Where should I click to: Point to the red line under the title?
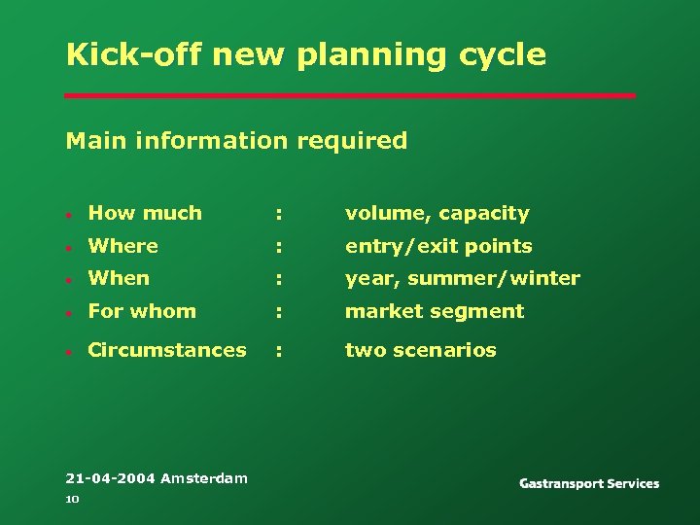(350, 95)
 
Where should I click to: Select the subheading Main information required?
(236, 141)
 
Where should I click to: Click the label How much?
(145, 213)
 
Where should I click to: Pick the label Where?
(122, 246)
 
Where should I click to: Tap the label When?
(119, 278)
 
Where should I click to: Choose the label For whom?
(142, 311)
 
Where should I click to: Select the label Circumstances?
(167, 350)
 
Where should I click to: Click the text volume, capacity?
(437, 214)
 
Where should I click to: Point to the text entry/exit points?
(438, 247)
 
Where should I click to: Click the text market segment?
(435, 311)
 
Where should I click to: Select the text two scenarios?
(420, 350)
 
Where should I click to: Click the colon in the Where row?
(279, 247)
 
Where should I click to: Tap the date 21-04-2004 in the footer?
(110, 478)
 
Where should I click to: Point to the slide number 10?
(71, 499)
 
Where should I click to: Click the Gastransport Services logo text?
(589, 483)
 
